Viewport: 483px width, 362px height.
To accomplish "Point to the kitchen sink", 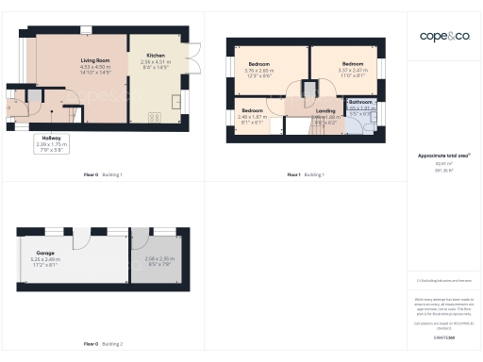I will (x=175, y=100).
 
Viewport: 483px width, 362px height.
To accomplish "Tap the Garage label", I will (x=45, y=253).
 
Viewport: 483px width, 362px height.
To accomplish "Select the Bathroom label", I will (x=361, y=102).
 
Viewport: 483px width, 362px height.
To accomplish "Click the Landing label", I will (x=325, y=111).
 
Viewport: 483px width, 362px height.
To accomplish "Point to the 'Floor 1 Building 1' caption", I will (x=305, y=175).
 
